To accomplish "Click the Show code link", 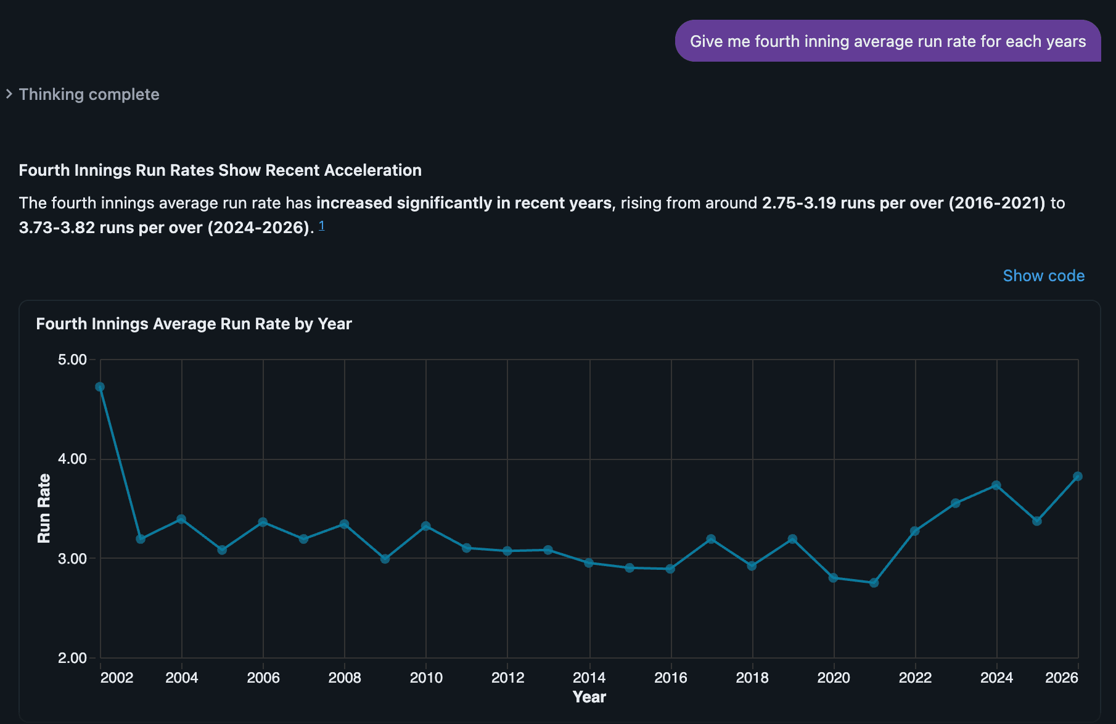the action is click(x=1043, y=276).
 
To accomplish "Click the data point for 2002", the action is click(x=100, y=387).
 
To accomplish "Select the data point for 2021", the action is click(x=874, y=583).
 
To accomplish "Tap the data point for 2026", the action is click(x=1078, y=476).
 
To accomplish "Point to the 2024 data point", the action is click(x=996, y=485).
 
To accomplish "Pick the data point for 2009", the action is click(x=385, y=559).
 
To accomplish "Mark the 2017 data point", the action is click(x=711, y=539).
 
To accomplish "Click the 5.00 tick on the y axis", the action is click(x=72, y=360).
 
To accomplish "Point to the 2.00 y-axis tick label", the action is click(x=72, y=658).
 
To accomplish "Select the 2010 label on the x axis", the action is click(x=426, y=678).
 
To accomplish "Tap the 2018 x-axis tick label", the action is click(x=752, y=678).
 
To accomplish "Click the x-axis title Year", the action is click(x=589, y=697).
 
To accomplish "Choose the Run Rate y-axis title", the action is click(x=44, y=508).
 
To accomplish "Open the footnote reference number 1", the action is click(x=321, y=226).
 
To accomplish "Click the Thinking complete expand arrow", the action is click(x=9, y=94).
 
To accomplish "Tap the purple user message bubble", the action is click(x=888, y=41).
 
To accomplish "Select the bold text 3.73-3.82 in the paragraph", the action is click(x=57, y=228).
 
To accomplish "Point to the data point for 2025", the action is click(x=1037, y=521).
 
